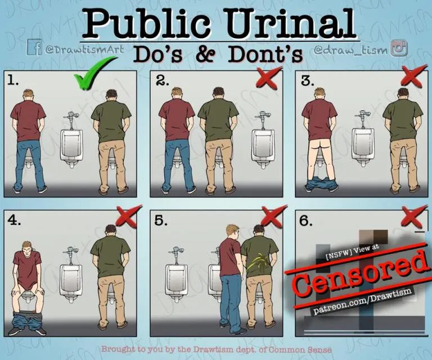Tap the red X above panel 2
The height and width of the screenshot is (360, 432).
coord(269,78)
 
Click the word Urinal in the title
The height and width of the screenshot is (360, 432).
coord(293,23)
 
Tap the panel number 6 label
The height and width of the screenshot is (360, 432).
coord(305,220)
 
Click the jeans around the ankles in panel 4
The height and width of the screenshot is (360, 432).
coord(26,321)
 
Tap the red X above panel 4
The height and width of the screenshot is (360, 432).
coord(127,217)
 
